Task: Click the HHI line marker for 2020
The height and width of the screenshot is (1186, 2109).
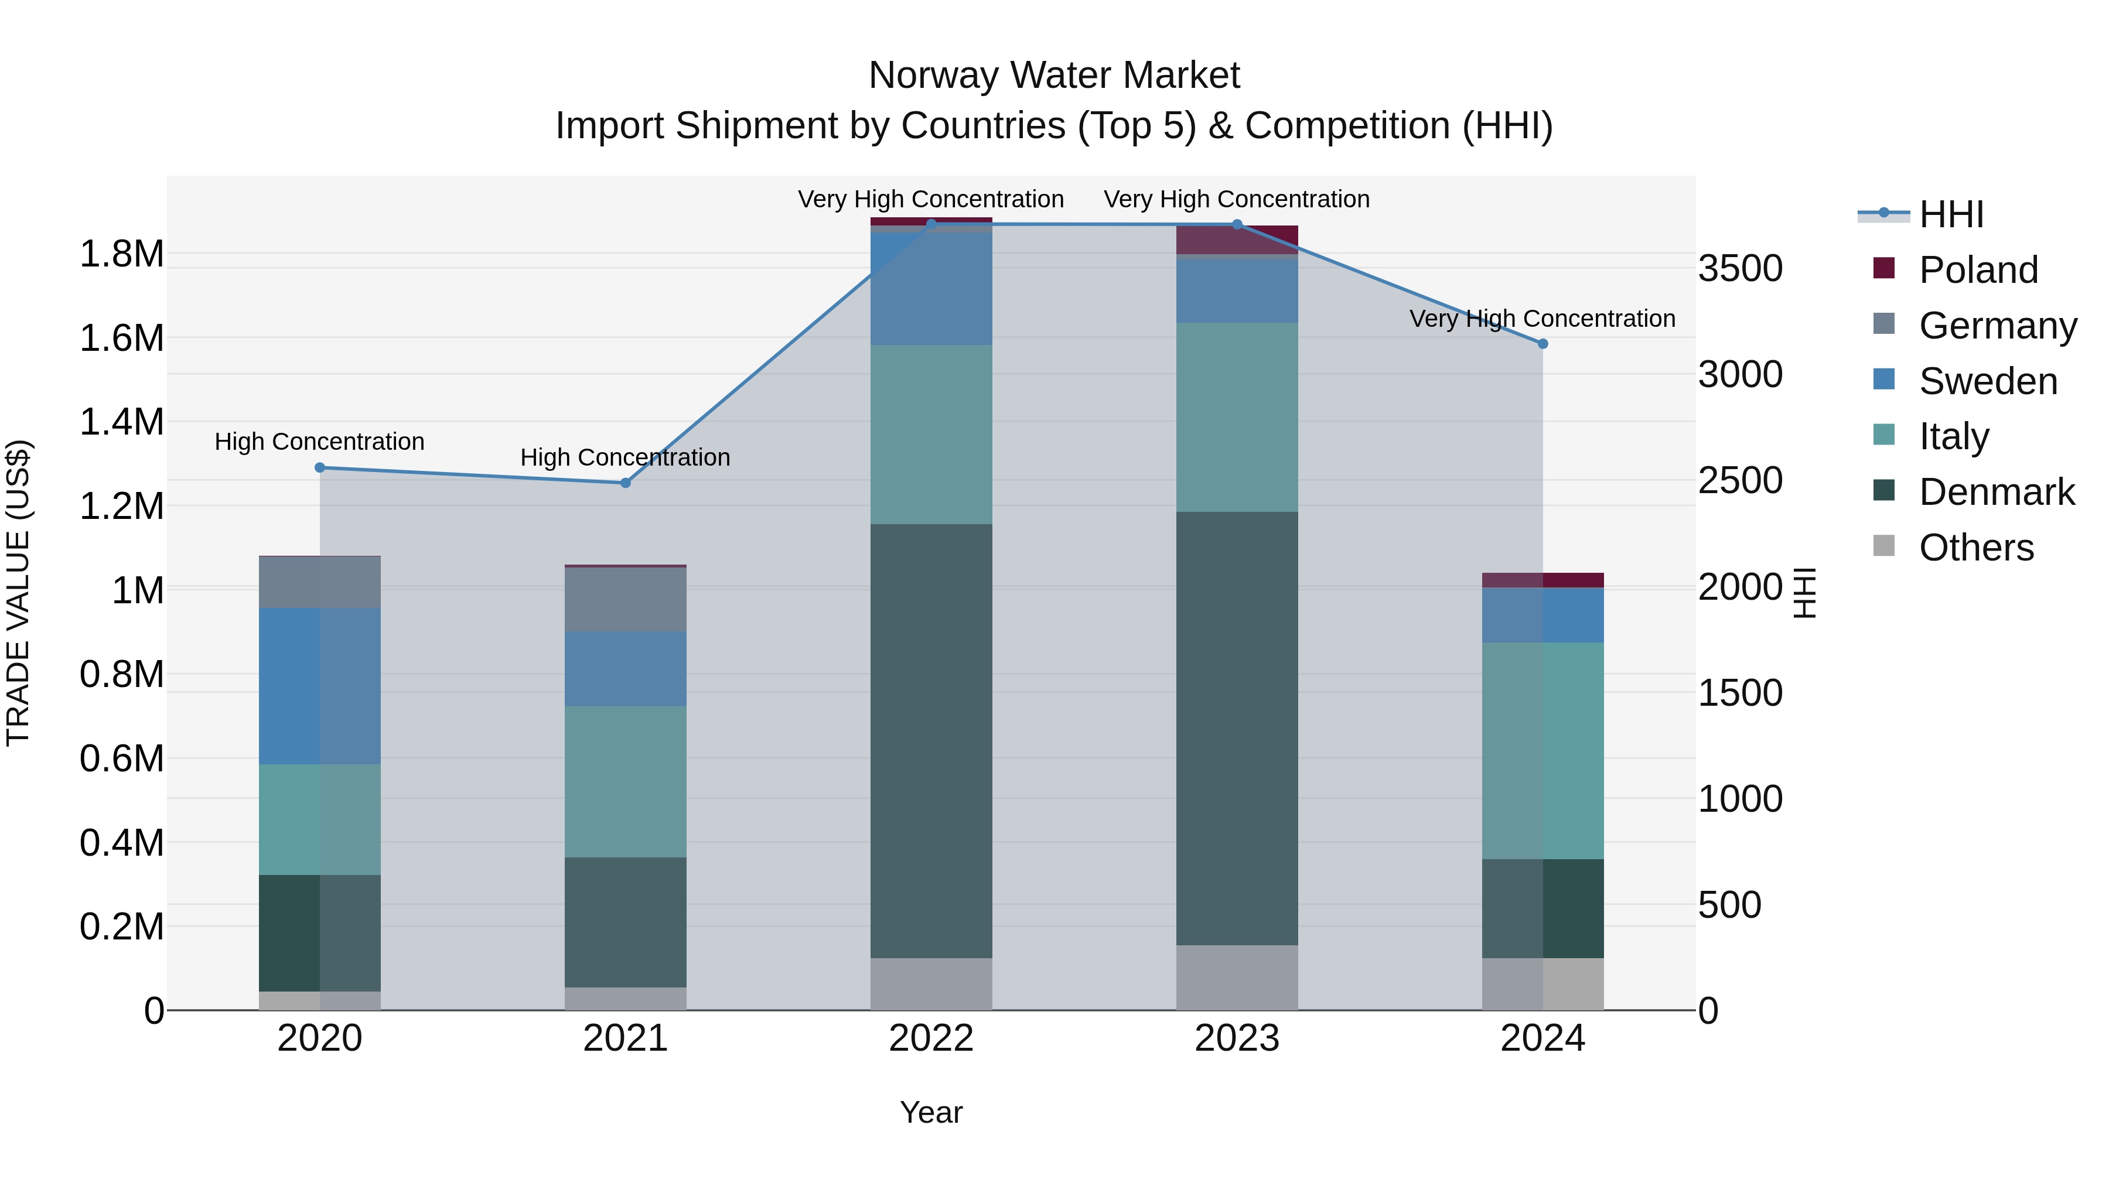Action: click(320, 467)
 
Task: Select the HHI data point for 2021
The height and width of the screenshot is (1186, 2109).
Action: click(626, 483)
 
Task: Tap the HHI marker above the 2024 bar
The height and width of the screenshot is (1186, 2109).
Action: click(1543, 344)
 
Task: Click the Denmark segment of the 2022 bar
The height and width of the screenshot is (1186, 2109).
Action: click(931, 741)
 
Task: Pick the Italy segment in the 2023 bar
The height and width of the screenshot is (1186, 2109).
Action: click(1237, 418)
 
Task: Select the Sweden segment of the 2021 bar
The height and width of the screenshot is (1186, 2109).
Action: click(626, 669)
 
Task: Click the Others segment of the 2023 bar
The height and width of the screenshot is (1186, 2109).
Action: click(1237, 977)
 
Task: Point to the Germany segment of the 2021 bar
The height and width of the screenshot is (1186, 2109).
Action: click(626, 599)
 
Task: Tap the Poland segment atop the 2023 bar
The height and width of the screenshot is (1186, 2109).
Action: click(1237, 240)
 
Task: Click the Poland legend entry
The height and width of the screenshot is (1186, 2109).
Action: click(1977, 270)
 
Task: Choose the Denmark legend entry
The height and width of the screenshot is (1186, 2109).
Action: click(1995, 492)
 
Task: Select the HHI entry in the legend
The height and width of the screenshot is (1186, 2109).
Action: click(1950, 214)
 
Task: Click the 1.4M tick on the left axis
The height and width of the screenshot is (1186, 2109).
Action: click(121, 422)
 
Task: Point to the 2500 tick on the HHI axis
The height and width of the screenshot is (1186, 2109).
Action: click(1740, 480)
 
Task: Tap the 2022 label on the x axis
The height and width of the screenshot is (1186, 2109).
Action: click(931, 1038)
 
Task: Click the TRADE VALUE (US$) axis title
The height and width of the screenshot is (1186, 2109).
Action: click(18, 593)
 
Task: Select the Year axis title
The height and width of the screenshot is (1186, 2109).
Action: click(931, 1112)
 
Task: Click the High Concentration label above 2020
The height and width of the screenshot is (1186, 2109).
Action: click(319, 442)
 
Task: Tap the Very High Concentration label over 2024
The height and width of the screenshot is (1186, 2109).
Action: click(1542, 319)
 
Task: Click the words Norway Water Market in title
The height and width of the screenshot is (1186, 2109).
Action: click(1054, 76)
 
